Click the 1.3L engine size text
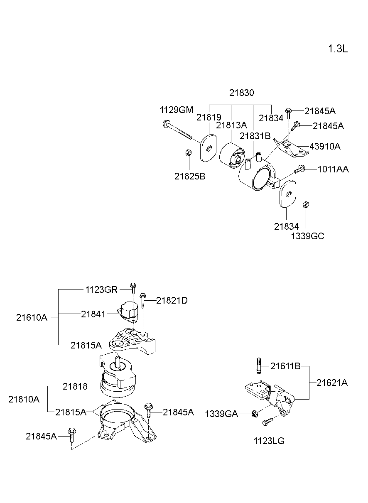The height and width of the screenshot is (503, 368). [337, 49]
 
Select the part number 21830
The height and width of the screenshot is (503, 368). [241, 93]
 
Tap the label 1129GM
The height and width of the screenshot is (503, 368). [177, 110]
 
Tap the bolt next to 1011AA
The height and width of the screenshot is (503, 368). [300, 169]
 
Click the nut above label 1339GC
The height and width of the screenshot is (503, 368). [305, 204]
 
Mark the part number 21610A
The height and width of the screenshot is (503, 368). [32, 318]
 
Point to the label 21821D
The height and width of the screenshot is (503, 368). [172, 300]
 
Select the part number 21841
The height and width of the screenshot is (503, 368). [93, 314]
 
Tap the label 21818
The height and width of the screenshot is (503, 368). [75, 386]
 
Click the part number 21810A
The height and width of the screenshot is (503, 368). [24, 399]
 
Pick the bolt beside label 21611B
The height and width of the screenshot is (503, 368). [259, 366]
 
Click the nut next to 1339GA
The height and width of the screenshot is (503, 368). [254, 413]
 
